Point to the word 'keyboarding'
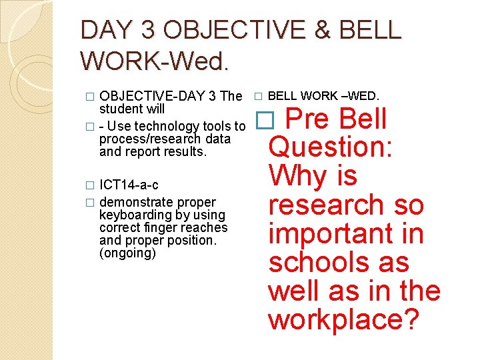132,215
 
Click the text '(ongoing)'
127,253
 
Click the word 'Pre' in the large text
308,119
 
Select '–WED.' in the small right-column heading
359,96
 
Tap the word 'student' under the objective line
121,108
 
